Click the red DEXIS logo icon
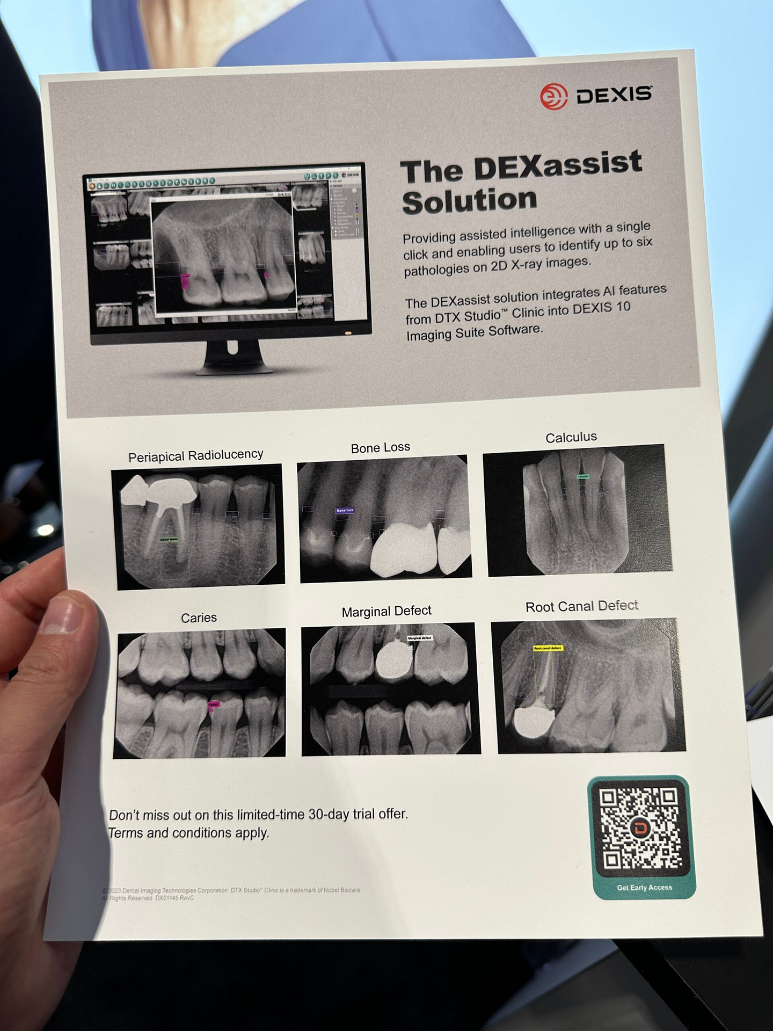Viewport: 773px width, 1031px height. click(553, 97)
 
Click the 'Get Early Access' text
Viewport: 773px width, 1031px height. click(644, 887)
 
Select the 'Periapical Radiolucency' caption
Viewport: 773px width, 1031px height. click(195, 455)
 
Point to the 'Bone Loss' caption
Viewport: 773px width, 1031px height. click(380, 447)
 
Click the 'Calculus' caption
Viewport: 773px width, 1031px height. click(571, 437)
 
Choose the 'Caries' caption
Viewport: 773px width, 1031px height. click(199, 618)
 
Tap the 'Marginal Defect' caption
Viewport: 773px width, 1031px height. click(386, 611)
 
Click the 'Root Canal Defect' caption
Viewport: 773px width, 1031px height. click(582, 606)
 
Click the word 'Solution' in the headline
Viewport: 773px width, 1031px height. click(470, 201)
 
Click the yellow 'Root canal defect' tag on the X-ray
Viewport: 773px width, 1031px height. click(548, 648)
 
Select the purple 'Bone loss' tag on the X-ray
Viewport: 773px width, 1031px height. click(345, 510)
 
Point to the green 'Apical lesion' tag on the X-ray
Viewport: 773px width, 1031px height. click(170, 539)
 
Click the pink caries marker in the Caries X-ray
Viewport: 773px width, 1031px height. click(214, 705)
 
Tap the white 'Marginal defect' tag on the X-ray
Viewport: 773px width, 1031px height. click(419, 638)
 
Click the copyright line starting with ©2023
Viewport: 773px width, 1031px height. click(231, 890)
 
